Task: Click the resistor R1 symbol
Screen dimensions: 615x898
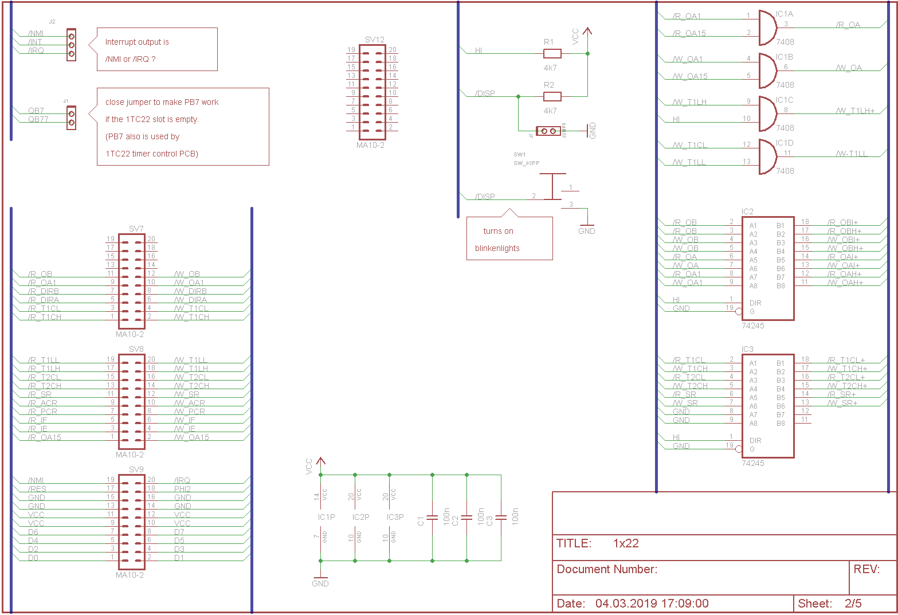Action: (x=552, y=54)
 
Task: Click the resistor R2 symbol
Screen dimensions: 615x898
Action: (x=552, y=97)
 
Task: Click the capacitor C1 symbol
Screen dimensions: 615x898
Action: (x=432, y=518)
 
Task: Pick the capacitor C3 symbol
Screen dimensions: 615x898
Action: (x=501, y=518)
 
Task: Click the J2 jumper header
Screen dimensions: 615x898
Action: (x=71, y=45)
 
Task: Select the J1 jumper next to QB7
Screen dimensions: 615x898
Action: (x=71, y=117)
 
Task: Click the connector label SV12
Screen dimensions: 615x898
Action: (x=374, y=40)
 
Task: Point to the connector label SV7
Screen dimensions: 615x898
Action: (x=136, y=229)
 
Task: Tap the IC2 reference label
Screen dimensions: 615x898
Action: (x=747, y=211)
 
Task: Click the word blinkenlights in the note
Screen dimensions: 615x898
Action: (x=497, y=248)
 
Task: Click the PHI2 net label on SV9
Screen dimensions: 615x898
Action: (x=182, y=489)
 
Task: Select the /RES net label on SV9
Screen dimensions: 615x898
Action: (x=37, y=489)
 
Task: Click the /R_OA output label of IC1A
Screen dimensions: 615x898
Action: (x=848, y=25)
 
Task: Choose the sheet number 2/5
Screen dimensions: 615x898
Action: (x=853, y=603)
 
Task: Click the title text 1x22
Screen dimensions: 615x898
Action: (x=625, y=543)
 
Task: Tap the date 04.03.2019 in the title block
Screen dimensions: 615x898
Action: (x=625, y=603)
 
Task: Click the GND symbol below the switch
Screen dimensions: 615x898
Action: (x=586, y=228)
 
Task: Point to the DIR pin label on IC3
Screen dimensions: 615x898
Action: (x=755, y=440)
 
